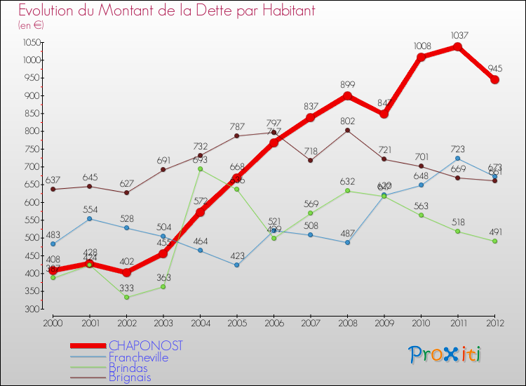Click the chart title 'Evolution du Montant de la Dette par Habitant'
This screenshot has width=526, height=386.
click(166, 11)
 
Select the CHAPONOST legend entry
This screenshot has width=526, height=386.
click(146, 345)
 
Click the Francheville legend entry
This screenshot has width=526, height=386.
click(138, 357)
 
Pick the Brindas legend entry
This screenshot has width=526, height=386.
click(128, 366)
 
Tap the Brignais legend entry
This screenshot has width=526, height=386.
click(130, 377)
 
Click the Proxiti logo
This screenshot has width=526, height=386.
click(445, 354)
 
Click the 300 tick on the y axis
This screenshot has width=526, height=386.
click(32, 309)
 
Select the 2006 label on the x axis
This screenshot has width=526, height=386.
click(274, 323)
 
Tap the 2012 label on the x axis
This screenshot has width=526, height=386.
click(494, 323)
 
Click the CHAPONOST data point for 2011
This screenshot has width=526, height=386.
click(457, 47)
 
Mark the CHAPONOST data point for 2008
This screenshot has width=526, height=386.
click(347, 96)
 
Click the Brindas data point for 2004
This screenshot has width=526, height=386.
click(201, 169)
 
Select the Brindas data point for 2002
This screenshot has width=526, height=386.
click(127, 297)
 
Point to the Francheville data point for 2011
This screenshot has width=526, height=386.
click(457, 159)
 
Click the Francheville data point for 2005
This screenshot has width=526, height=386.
click(237, 265)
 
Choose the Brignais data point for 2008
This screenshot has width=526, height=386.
click(347, 131)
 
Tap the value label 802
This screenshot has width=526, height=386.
click(347, 121)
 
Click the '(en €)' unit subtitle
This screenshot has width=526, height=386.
click(31, 25)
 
